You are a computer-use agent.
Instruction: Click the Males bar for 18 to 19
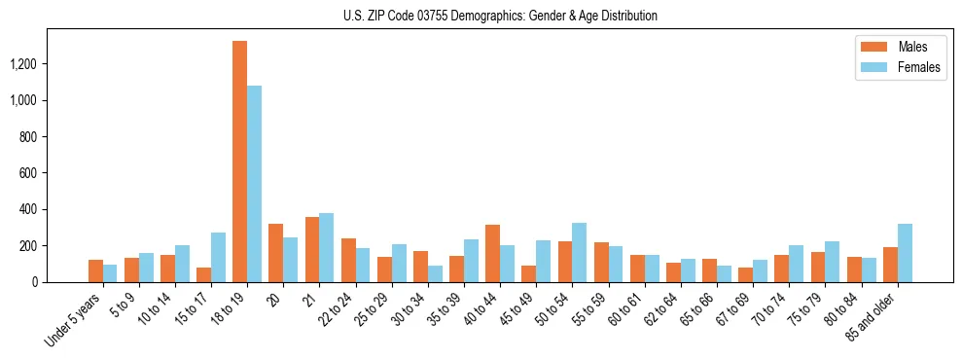[239, 162]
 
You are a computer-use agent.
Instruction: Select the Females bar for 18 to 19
[254, 184]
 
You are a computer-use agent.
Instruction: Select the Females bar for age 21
[326, 248]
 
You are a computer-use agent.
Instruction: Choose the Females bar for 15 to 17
[218, 258]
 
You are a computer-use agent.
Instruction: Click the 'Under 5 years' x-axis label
[74, 316]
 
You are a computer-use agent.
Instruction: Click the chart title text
[500, 16]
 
